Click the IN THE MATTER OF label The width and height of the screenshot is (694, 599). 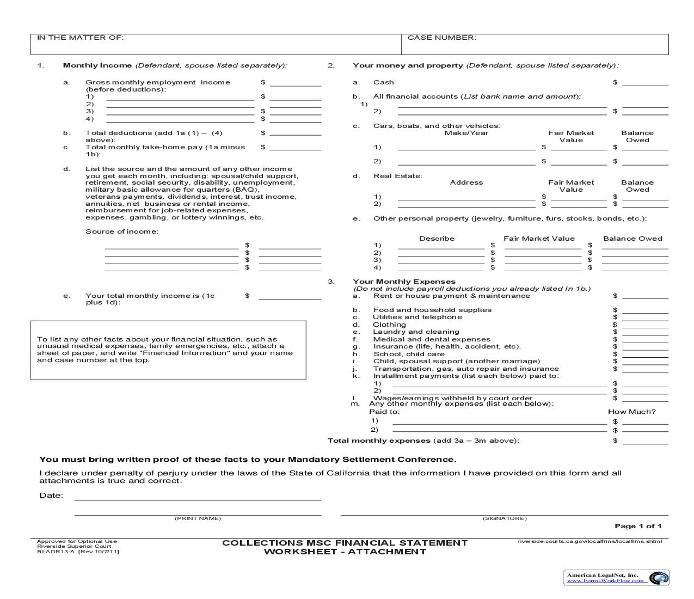click(80, 38)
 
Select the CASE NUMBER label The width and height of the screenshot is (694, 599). click(441, 38)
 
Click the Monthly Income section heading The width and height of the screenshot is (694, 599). click(97, 65)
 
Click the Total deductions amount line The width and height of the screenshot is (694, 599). click(295, 133)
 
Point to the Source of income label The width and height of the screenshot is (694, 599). click(121, 231)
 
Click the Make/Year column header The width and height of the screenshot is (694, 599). click(466, 133)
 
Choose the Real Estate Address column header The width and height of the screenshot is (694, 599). click(466, 182)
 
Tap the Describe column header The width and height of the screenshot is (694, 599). click(437, 239)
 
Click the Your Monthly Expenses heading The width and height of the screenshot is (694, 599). click(404, 282)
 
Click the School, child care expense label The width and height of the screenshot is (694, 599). click(408, 354)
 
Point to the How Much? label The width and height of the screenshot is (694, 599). click(631, 412)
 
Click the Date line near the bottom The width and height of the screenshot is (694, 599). click(198, 498)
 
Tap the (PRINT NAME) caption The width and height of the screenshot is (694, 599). click(198, 518)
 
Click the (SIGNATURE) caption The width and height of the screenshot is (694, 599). click(505, 518)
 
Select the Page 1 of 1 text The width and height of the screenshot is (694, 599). click(638, 526)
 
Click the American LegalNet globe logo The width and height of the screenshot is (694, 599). click(659, 578)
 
